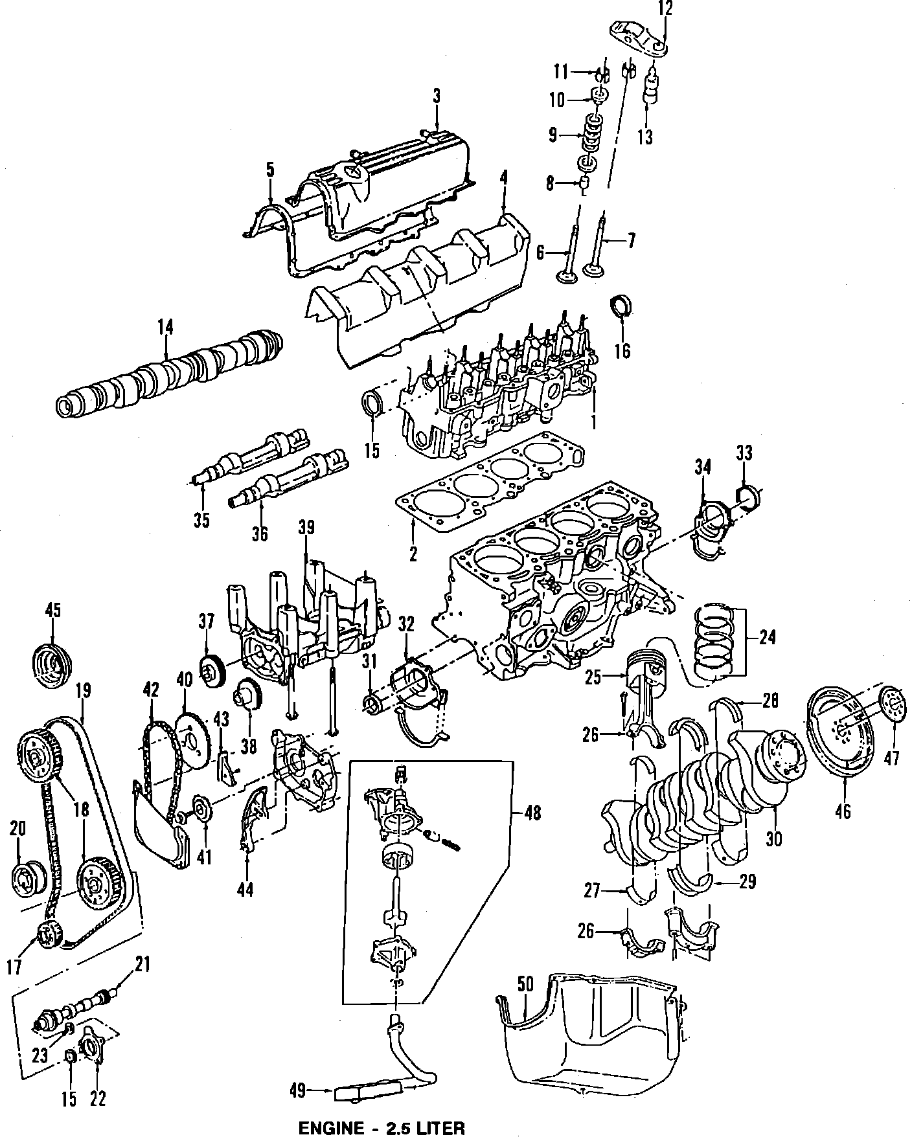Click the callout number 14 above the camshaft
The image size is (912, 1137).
point(165,328)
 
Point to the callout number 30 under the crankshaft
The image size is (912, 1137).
point(774,839)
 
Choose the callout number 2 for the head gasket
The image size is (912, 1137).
point(413,554)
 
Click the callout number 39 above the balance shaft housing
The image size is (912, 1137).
point(306,528)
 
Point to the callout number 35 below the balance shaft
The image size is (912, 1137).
point(202,519)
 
